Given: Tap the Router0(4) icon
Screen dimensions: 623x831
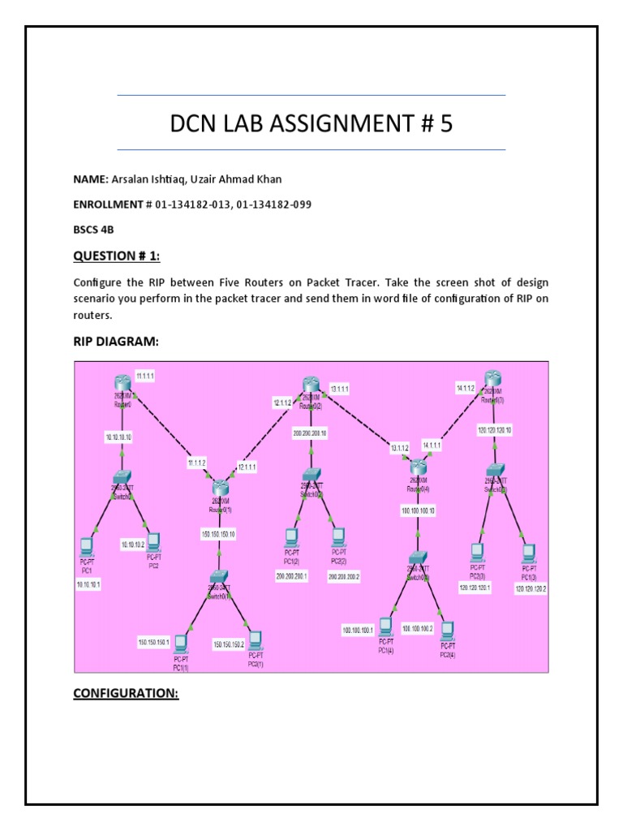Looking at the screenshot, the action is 419,467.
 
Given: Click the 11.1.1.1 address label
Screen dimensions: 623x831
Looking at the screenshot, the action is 147,377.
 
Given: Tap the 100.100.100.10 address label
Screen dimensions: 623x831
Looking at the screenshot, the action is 419,510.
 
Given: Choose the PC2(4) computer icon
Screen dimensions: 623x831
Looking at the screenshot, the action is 446,631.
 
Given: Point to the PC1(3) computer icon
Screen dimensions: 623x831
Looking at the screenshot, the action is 529,553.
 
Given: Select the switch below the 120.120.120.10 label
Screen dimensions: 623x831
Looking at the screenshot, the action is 496,471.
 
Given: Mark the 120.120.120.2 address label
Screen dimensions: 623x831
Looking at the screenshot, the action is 531,589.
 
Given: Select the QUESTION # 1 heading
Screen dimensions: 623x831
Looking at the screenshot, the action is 117,256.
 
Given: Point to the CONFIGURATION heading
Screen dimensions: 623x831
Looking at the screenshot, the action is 125,694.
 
